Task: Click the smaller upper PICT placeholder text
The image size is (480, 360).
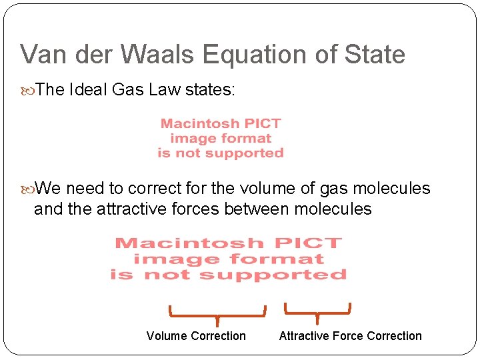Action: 221,138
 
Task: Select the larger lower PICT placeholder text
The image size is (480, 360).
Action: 229,259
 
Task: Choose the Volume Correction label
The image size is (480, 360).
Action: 196,336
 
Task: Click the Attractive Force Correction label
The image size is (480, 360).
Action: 350,336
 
